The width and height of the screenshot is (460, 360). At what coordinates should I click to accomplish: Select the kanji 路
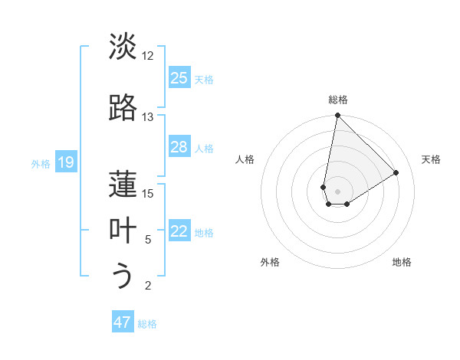click(x=123, y=107)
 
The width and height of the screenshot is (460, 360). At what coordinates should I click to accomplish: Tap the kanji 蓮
click(x=123, y=183)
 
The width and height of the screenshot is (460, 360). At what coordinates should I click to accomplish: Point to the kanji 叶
click(x=123, y=230)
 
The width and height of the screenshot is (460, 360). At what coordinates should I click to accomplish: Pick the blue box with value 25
click(x=179, y=78)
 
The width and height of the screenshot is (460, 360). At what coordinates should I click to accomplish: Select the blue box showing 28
click(x=179, y=147)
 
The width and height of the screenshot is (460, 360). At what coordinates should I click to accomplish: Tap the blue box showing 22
click(x=179, y=232)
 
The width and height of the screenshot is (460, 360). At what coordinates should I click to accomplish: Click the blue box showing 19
click(x=66, y=162)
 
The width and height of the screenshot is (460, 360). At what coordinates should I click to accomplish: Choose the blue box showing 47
click(x=123, y=322)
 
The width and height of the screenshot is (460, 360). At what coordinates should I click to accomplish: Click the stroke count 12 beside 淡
click(x=148, y=56)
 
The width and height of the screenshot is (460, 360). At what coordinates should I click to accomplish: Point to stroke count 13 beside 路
click(x=148, y=117)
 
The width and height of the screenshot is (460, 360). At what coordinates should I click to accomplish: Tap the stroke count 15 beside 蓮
click(x=148, y=193)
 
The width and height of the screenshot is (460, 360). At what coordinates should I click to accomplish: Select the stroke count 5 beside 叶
click(x=148, y=240)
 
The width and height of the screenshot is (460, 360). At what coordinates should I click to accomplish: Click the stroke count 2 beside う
click(x=148, y=286)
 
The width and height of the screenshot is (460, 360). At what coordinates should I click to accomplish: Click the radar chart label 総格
click(x=338, y=100)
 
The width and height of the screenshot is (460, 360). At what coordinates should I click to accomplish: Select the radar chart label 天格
click(x=431, y=159)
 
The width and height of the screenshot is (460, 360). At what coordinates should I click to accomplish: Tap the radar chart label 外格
click(x=270, y=262)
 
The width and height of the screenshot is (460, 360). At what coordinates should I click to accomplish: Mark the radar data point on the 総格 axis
click(x=337, y=116)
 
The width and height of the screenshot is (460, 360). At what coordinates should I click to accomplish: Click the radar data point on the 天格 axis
click(x=396, y=172)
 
